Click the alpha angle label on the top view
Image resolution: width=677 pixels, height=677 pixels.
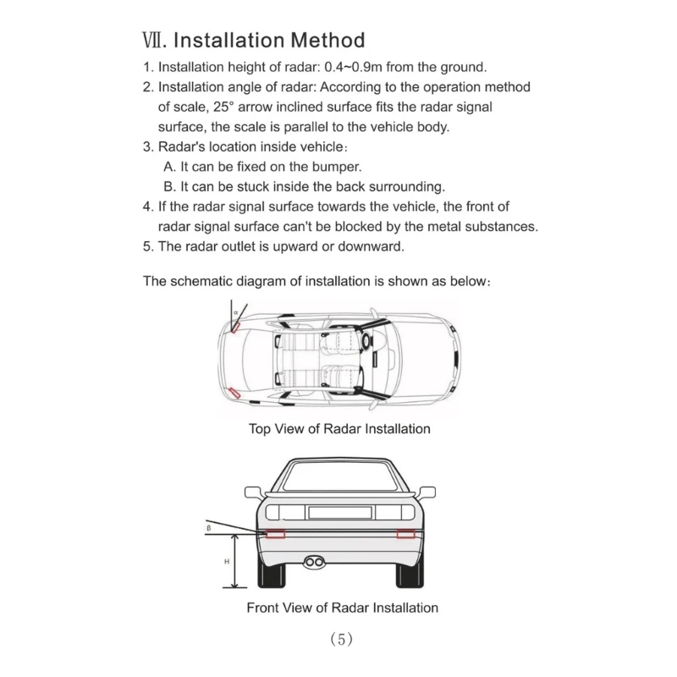[x=235, y=312]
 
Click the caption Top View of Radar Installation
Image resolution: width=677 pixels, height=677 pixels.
[x=338, y=428]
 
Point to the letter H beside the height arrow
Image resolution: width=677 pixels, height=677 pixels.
[x=226, y=561]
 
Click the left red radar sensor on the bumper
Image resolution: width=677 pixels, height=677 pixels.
[x=275, y=534]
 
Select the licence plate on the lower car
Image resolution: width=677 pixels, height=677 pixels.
[x=338, y=511]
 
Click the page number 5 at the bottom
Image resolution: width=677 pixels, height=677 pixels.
[x=341, y=640]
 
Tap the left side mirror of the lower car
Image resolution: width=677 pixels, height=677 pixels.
[x=252, y=492]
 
